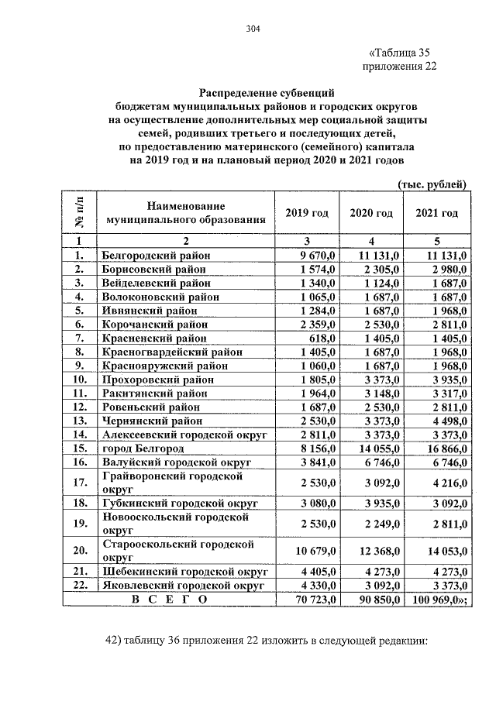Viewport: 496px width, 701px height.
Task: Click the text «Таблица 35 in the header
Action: coord(398,53)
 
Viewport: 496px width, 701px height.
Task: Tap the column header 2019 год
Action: coord(307,213)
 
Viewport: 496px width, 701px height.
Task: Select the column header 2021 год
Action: coord(436,213)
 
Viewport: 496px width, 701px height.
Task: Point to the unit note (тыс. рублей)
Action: coord(431,184)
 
